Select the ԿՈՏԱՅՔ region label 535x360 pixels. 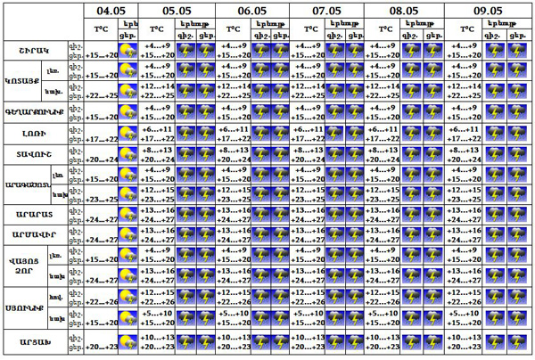pos(21,82)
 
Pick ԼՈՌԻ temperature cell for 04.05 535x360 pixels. pos(102,133)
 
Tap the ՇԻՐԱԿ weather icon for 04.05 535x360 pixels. pos(128,51)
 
